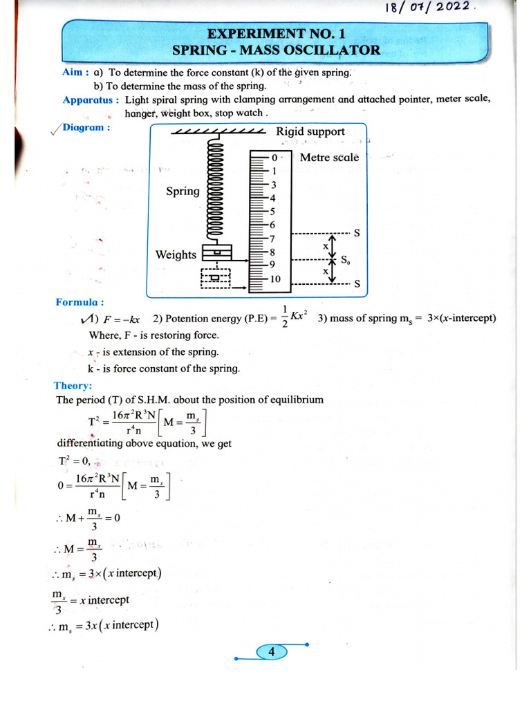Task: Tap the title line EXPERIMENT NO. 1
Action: pos(276,34)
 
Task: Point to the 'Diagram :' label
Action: pos(86,127)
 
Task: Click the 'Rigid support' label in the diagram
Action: pos(310,131)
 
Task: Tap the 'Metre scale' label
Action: pos(329,158)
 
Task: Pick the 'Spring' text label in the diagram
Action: pos(183,192)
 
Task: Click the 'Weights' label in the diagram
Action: pos(176,254)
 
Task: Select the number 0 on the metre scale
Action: pos(274,158)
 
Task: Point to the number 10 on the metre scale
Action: pos(276,279)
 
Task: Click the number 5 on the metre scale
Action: pos(272,212)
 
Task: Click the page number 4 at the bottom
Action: pos(272,652)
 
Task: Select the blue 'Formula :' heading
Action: pos(80,302)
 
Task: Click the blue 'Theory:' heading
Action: pos(73,386)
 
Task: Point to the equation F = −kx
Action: pos(121,319)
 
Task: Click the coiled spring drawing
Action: pos(216,193)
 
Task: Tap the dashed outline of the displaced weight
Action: pos(216,279)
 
